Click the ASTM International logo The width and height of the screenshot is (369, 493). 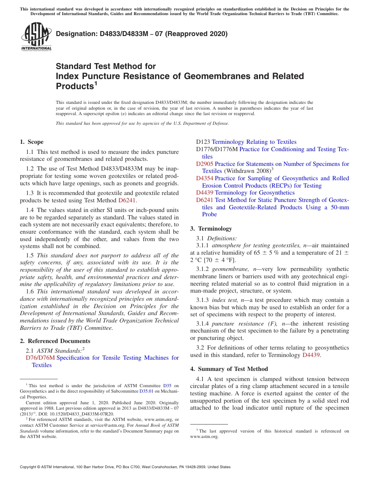click(36, 36)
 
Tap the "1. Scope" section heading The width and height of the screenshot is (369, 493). click(31, 142)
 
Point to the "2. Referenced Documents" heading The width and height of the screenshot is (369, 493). click(55, 341)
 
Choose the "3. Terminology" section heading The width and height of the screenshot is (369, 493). click(211, 229)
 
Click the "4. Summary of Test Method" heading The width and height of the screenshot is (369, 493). click(229, 369)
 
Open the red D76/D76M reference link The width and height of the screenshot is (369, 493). click(40, 358)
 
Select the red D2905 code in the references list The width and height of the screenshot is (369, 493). click(204, 164)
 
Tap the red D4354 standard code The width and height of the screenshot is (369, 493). click(204, 178)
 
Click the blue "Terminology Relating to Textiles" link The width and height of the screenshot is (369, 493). click(254, 142)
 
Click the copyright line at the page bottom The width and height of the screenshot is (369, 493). click(125, 467)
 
